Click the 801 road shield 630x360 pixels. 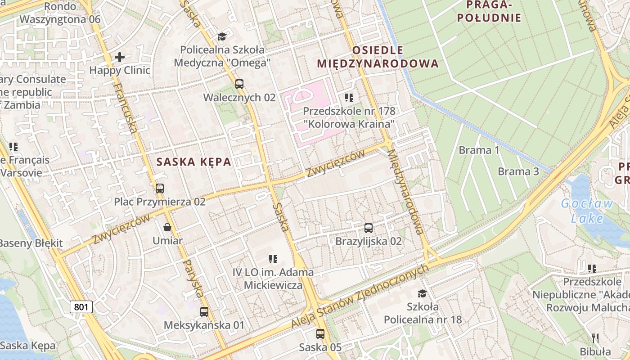point(81,307)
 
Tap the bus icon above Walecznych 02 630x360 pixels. point(239,84)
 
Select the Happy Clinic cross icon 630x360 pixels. point(120,57)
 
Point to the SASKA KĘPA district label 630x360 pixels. point(193,162)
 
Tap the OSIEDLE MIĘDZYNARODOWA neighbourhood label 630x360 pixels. point(378,57)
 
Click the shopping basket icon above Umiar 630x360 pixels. point(167,227)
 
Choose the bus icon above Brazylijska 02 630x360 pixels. point(369,228)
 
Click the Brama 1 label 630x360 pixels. point(479,150)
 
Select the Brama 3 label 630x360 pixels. point(518,171)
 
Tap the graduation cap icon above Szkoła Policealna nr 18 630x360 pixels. point(422,294)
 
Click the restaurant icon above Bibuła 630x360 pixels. point(595,338)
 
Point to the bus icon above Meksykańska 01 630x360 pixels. point(204,311)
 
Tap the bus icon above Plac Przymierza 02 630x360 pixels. point(160,188)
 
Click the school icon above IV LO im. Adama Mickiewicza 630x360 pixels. point(273,259)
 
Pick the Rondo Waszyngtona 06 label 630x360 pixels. point(60,13)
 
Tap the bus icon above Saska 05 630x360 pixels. point(320,334)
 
